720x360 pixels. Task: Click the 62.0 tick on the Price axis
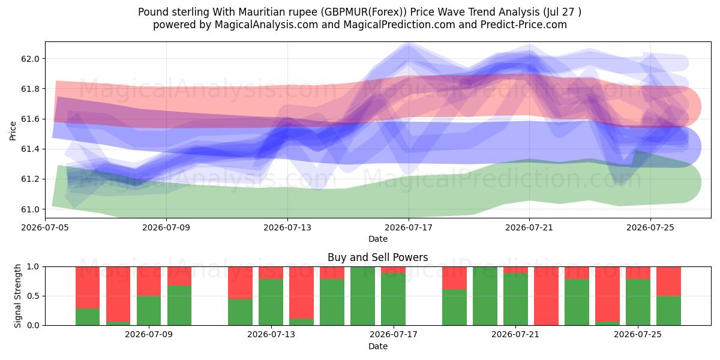(30, 59)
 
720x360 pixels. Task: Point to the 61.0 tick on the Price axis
(30, 209)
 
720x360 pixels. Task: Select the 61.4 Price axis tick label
(30, 149)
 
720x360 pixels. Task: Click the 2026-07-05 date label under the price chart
(45, 227)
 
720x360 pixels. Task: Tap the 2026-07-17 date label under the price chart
(409, 227)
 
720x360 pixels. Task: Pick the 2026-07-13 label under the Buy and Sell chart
(271, 334)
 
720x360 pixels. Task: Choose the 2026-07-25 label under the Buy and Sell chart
(638, 334)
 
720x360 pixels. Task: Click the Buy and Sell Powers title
(377, 257)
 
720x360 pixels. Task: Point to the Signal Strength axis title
(17, 296)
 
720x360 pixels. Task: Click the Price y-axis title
(13, 131)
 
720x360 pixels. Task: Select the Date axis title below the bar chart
(377, 346)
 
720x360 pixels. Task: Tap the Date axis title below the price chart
(377, 239)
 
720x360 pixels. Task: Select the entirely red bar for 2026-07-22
(546, 296)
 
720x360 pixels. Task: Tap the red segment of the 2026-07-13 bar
(271, 273)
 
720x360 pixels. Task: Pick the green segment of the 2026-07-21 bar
(515, 299)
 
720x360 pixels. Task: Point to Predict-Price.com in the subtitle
(524, 25)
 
